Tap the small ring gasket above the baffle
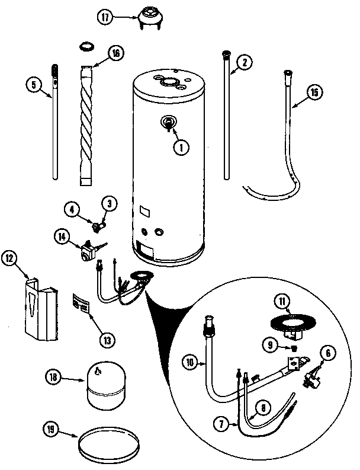tap(86, 45)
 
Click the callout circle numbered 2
tap(243, 61)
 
